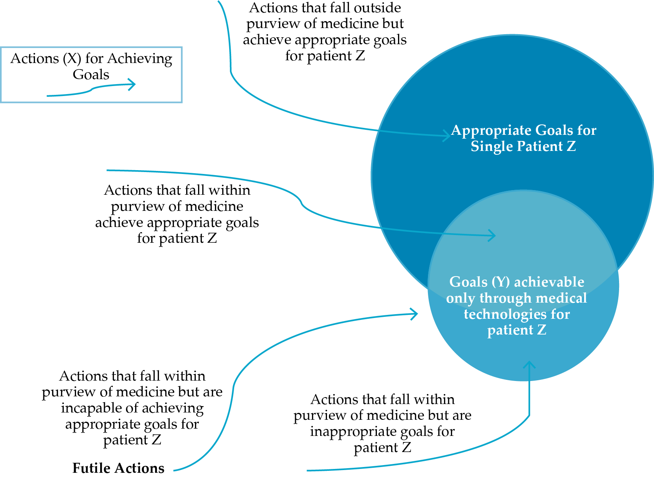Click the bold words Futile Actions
[118, 468]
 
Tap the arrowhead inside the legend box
[132, 84]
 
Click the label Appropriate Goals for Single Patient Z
[524, 138]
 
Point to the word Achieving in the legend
[140, 59]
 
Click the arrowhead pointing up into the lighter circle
[529, 364]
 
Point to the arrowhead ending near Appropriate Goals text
[447, 135]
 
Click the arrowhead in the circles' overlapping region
[492, 235]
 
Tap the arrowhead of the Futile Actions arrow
[415, 314]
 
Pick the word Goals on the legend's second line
[91, 75]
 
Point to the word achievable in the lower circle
[549, 282]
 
